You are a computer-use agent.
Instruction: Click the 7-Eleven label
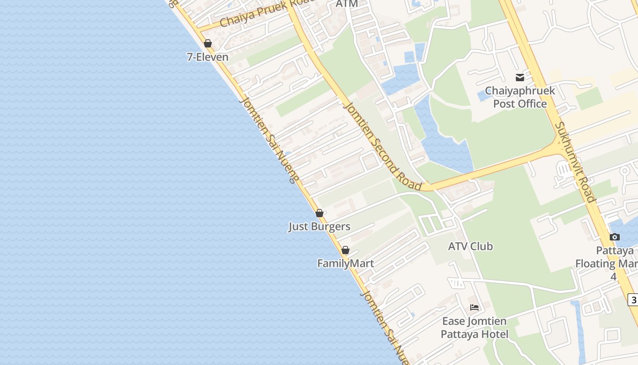207,57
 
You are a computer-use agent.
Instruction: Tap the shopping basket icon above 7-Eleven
208,43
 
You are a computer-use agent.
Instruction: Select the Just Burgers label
319,227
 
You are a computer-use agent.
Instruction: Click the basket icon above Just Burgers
319,213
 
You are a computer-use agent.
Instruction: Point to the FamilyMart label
345,263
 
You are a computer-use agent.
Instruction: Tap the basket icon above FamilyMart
345,250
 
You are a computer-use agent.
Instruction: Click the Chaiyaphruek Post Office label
520,97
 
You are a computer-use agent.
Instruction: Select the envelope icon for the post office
520,78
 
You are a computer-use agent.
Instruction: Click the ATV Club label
470,246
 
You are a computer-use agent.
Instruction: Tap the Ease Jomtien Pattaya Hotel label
474,328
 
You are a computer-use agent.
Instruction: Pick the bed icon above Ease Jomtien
474,308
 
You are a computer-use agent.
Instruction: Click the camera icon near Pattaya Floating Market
615,237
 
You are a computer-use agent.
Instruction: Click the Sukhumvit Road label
575,162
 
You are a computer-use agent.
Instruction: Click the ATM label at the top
346,4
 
